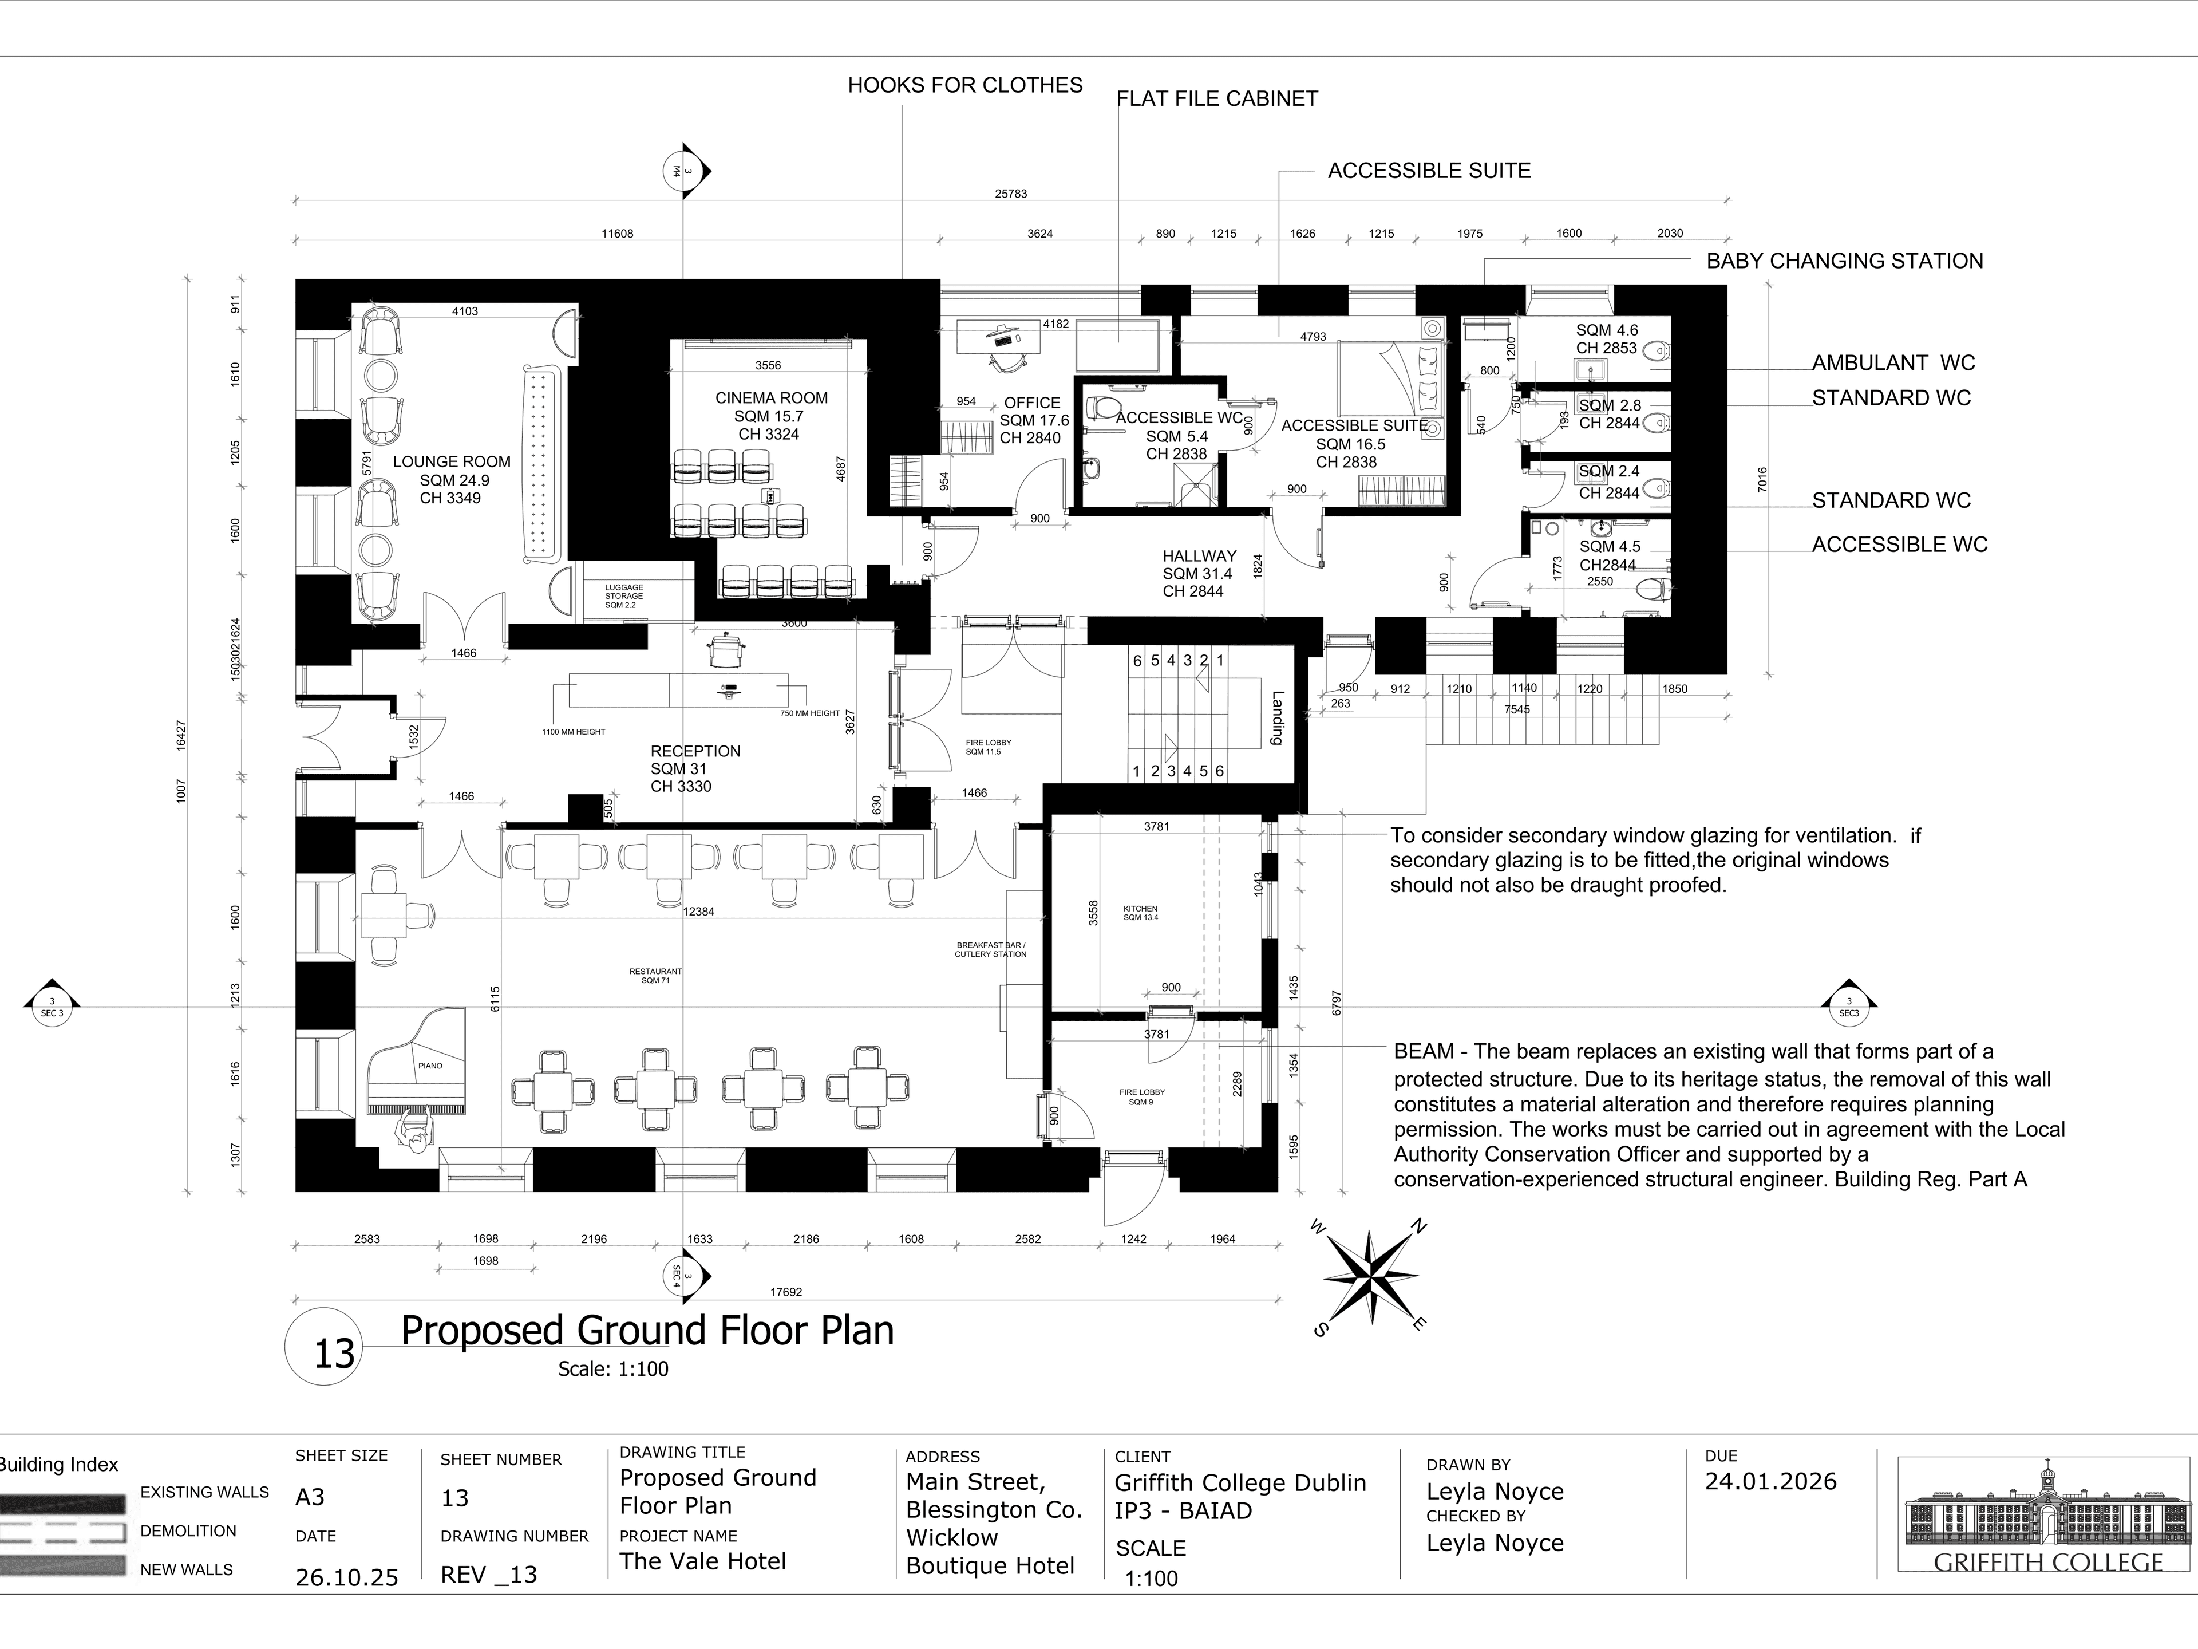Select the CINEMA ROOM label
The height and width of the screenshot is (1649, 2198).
tap(771, 397)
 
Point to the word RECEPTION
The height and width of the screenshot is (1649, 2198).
tap(695, 751)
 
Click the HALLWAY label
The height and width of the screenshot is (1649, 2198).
tap(1199, 555)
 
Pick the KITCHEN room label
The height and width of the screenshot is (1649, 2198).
tap(1141, 909)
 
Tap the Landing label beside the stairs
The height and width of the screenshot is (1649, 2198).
tap(1278, 717)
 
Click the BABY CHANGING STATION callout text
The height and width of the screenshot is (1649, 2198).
tap(1844, 262)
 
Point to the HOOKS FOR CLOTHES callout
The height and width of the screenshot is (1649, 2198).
tap(965, 85)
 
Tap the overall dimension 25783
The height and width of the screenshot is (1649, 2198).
tap(1010, 194)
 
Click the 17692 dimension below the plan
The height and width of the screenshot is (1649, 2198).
tap(786, 1292)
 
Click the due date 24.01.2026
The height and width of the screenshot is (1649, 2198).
tap(1771, 1481)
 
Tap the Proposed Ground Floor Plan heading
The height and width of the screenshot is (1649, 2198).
tap(647, 1330)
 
